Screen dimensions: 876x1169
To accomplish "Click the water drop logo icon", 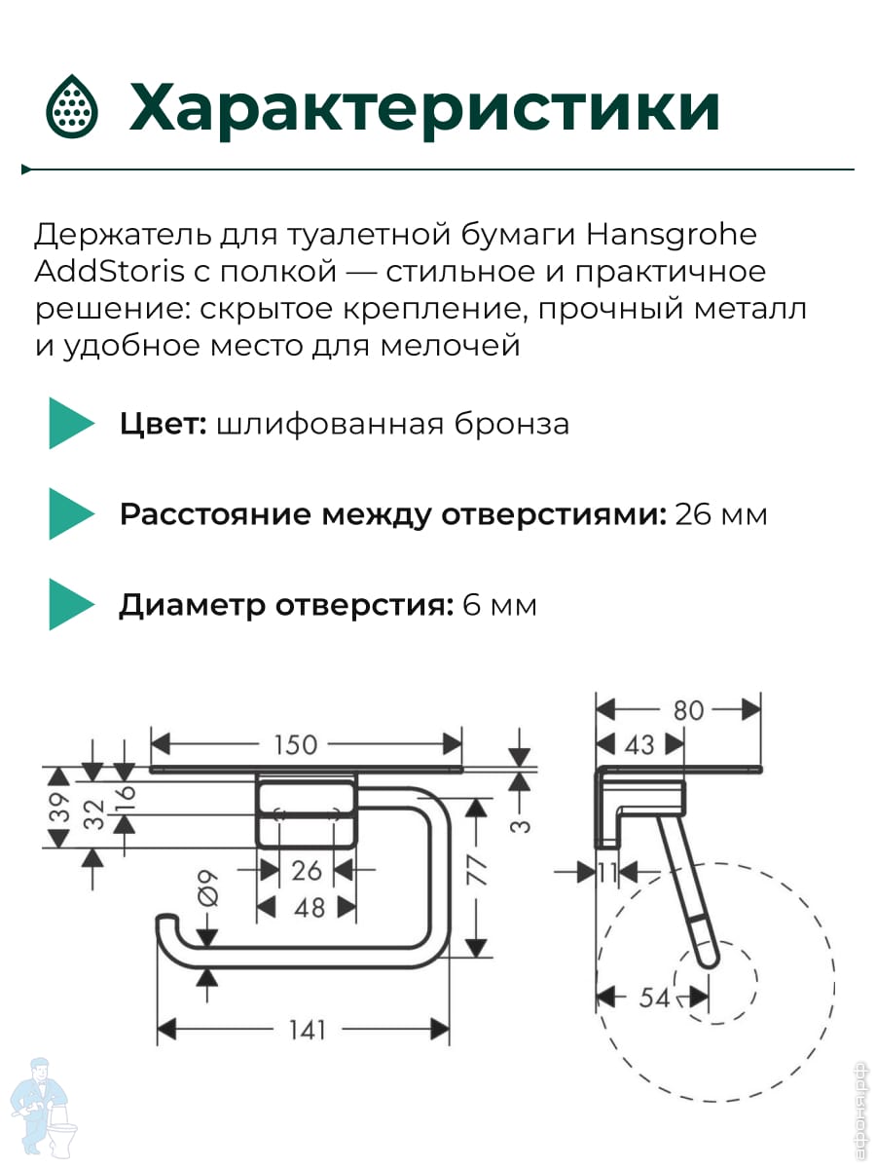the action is click(72, 106).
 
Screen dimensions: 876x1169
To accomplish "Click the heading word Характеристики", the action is click(424, 109).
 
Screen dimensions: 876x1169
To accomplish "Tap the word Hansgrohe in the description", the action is click(671, 235).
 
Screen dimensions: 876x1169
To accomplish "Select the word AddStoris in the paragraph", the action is click(110, 271).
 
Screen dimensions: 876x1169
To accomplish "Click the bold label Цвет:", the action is click(163, 425).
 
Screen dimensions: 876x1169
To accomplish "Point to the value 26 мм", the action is click(720, 515).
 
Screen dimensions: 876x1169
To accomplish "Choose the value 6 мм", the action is click(499, 606).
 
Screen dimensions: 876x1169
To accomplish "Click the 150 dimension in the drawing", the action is click(296, 745).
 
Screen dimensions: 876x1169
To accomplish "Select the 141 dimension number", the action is click(307, 1030).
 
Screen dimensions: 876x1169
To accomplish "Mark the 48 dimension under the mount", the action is click(309, 908).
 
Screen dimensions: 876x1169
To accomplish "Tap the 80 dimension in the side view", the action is click(689, 710).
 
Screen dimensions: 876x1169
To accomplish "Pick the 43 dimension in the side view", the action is click(639, 745).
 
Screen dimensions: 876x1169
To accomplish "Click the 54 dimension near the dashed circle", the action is click(654, 998).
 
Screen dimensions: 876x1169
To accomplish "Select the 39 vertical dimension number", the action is click(60, 808).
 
